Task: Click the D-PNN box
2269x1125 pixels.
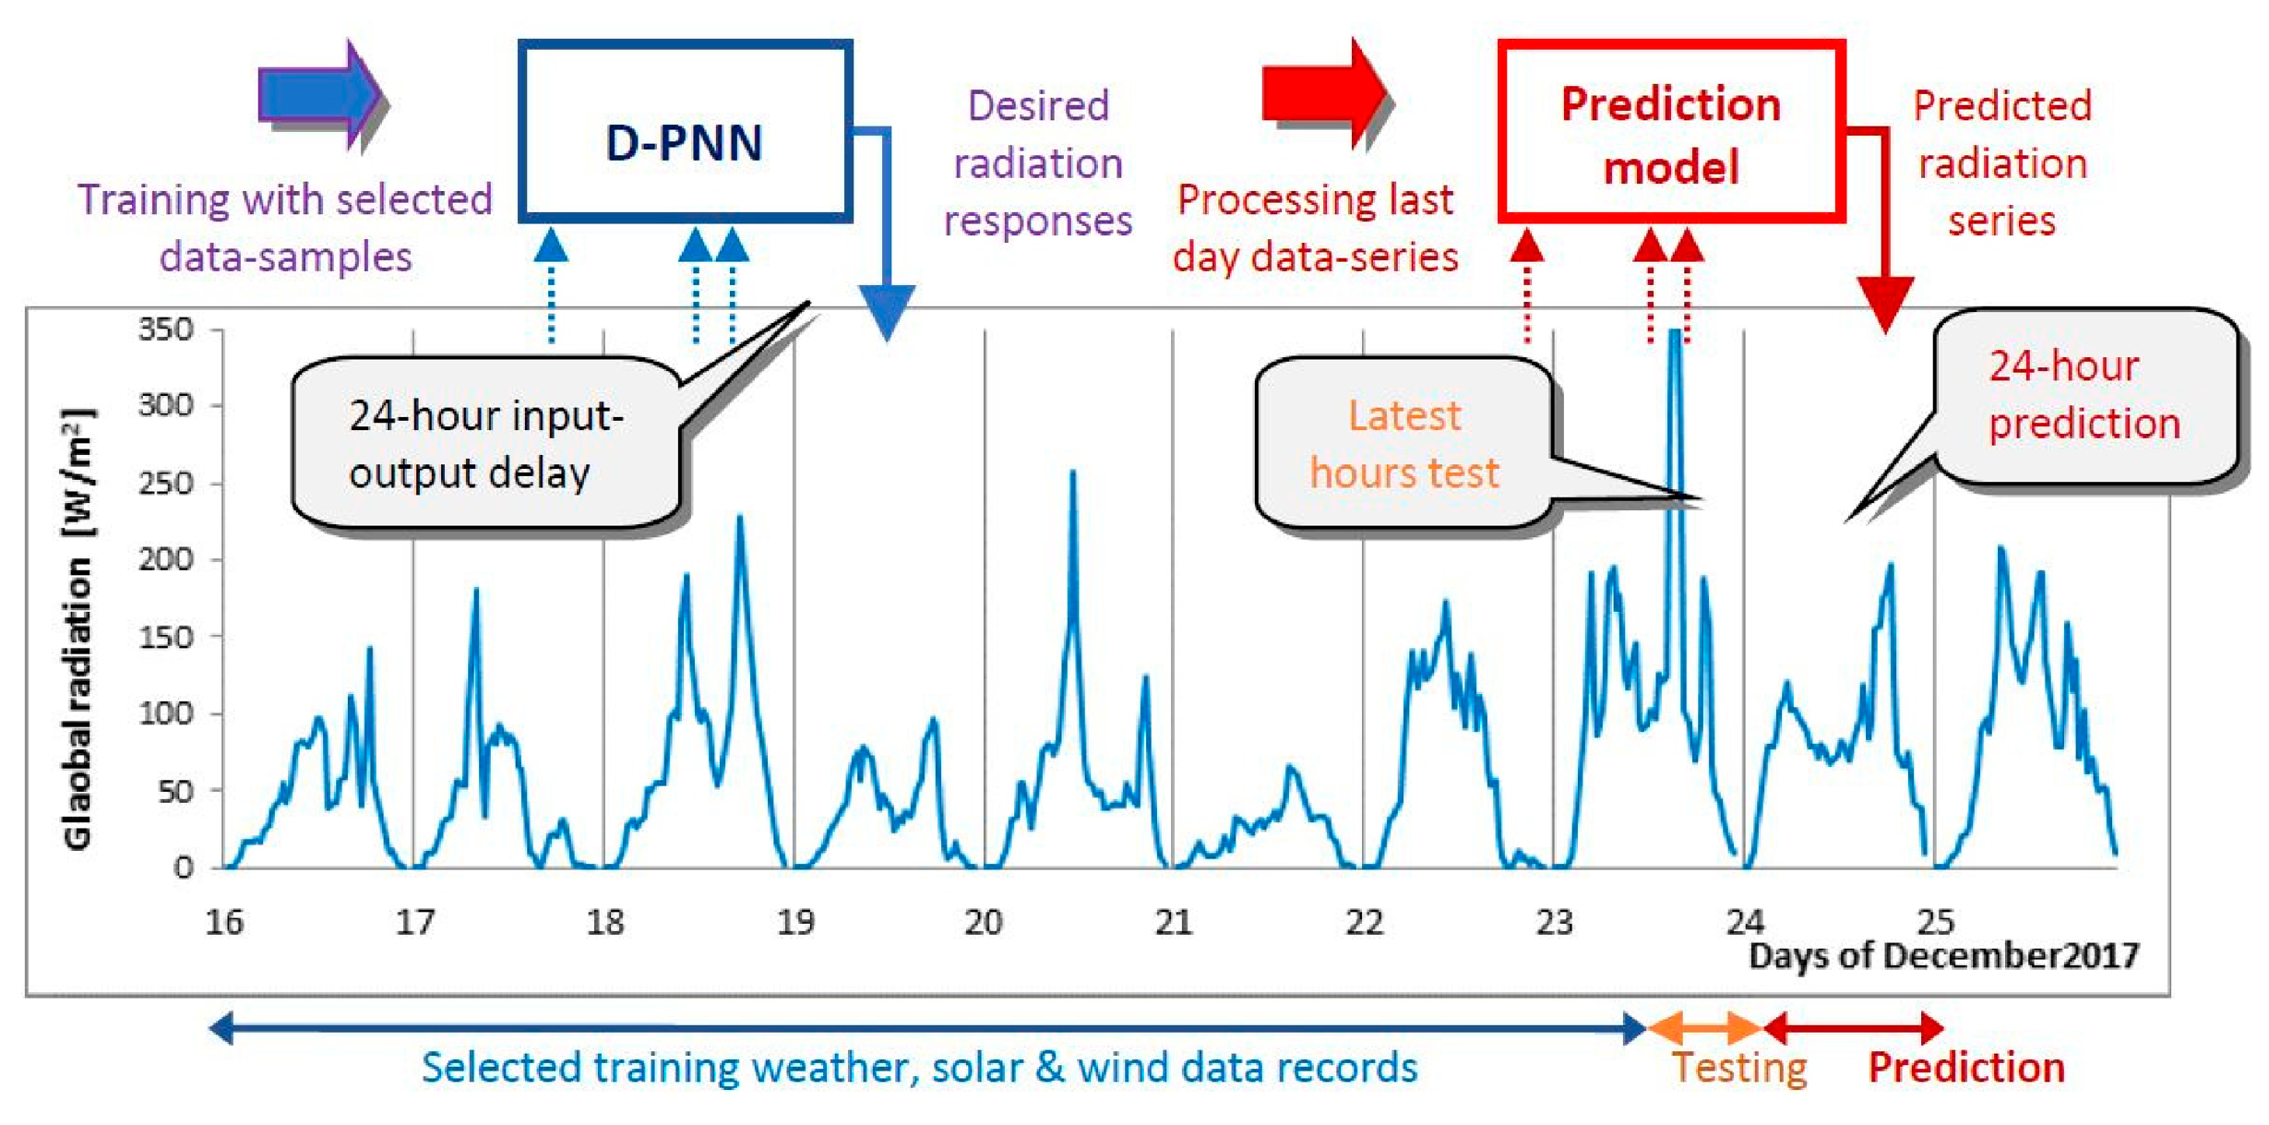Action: (684, 131)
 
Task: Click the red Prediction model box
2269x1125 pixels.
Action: (1669, 131)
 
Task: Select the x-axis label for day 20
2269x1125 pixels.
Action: (984, 921)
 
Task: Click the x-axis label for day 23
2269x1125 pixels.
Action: (1555, 921)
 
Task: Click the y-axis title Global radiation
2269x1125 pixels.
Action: (78, 628)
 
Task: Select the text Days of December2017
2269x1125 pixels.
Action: (1943, 955)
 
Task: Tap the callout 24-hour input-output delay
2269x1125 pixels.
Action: (486, 444)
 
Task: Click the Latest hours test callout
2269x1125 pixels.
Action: (1403, 444)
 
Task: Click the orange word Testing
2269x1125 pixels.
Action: (1738, 1068)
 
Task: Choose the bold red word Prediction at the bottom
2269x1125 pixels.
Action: (1966, 1068)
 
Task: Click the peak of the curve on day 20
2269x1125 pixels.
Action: (1072, 473)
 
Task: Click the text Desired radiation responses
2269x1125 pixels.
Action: (1038, 163)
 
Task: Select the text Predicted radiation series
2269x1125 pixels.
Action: (2001, 163)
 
